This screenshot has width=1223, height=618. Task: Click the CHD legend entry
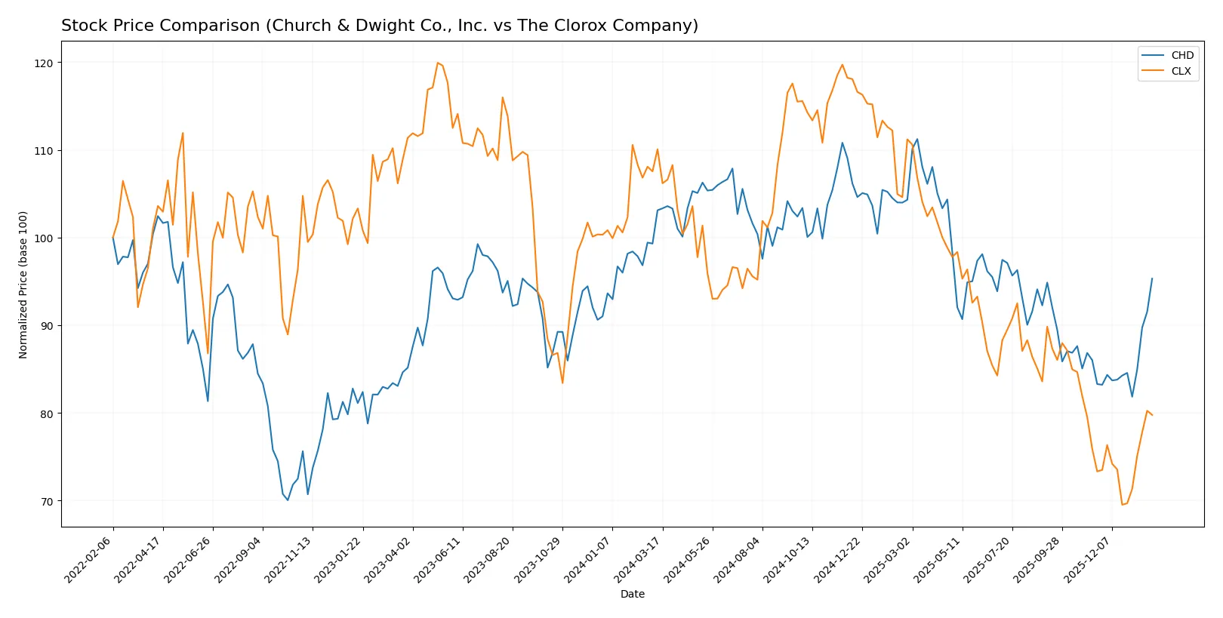[1181, 55]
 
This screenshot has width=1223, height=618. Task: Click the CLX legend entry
[1181, 71]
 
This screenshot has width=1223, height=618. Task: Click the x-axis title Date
[632, 595]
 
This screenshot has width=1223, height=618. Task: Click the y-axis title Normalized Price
[23, 284]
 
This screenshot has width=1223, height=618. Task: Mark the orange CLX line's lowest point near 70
[1122, 505]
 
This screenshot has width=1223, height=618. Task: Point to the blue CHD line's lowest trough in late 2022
[288, 500]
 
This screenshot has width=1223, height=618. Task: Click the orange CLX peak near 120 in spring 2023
[438, 63]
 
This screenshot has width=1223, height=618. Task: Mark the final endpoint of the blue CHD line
[1152, 278]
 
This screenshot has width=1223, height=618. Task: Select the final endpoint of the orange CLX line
[1152, 415]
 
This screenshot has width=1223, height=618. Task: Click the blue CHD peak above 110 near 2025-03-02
[917, 139]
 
